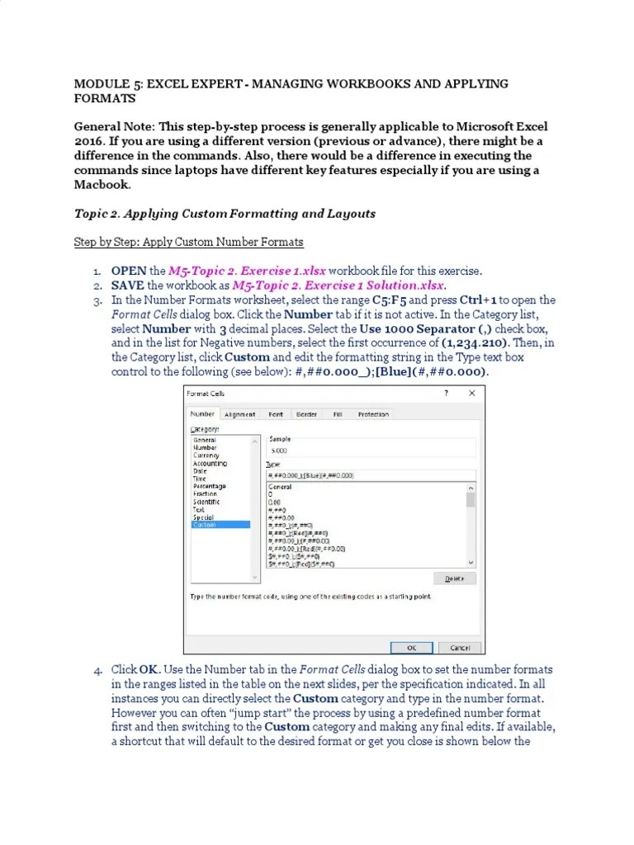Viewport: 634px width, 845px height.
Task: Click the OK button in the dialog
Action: click(411, 647)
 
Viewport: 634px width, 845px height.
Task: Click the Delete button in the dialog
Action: click(456, 578)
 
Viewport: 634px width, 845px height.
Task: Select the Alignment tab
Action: click(239, 414)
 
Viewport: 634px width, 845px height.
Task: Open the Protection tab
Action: click(373, 414)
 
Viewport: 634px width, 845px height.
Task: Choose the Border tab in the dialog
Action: click(306, 414)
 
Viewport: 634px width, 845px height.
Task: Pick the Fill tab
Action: click(338, 414)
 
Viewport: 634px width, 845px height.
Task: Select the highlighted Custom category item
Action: click(205, 525)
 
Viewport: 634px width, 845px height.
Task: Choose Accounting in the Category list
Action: click(210, 464)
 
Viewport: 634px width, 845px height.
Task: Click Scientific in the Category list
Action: click(206, 502)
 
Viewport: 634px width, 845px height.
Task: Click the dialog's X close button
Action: click(471, 394)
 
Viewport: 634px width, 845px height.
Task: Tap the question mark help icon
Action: click(446, 394)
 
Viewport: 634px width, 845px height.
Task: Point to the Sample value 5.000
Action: click(280, 451)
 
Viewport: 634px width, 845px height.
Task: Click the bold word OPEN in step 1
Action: click(128, 271)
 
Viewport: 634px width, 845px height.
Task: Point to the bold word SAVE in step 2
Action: click(127, 286)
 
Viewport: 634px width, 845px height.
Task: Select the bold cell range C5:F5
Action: click(390, 300)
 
